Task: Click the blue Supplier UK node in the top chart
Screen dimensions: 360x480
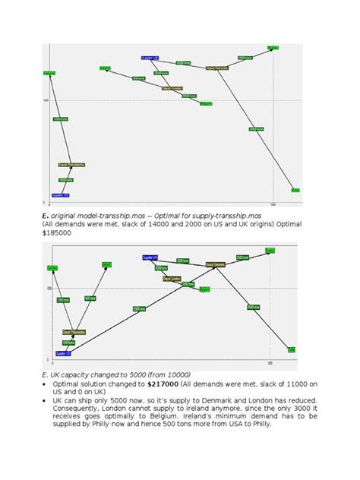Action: click(x=150, y=58)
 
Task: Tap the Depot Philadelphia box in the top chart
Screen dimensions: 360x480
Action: click(x=72, y=164)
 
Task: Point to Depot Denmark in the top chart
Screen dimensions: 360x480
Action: click(x=217, y=68)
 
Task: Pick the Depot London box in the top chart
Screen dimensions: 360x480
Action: click(x=172, y=88)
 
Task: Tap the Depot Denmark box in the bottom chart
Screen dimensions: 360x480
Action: click(x=216, y=264)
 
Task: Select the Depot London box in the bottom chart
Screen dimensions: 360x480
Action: click(x=172, y=279)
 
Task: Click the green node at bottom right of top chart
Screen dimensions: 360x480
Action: click(x=295, y=190)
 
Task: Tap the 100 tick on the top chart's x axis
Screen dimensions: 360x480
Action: click(x=273, y=205)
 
